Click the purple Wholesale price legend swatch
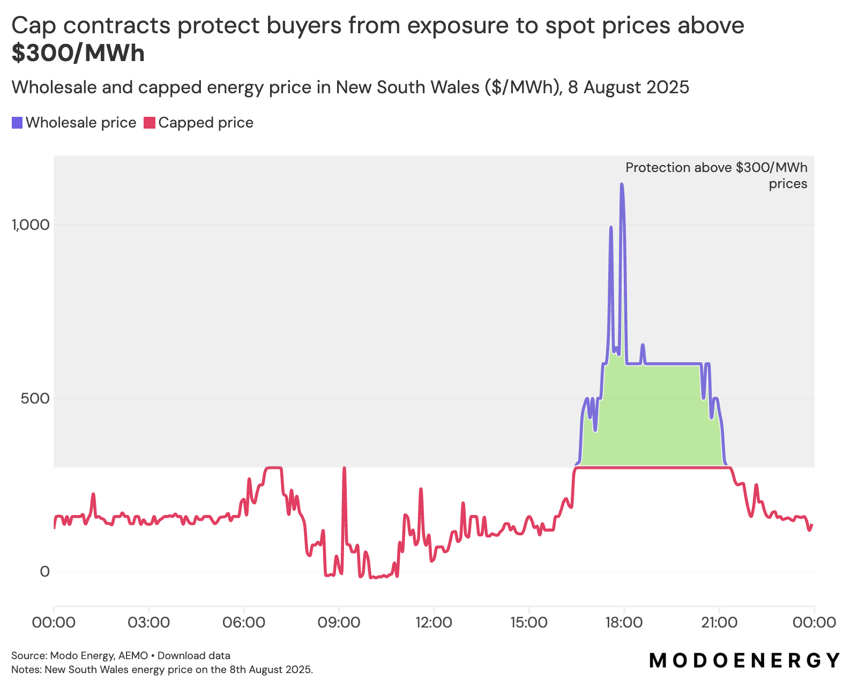pos(17,123)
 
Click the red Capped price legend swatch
pos(150,123)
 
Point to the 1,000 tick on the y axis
pos(31,225)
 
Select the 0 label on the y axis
pos(44,572)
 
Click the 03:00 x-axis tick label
pos(148,623)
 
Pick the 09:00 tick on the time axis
pos(339,623)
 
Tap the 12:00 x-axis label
pos(434,623)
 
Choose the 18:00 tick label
pos(624,623)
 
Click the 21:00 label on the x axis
pos(719,623)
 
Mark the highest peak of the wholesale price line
pos(622,184)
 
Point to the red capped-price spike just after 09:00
pos(344,468)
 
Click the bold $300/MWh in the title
pos(78,54)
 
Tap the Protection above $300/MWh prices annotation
pos(716,175)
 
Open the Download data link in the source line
pos(193,655)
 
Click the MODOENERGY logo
pos(744,660)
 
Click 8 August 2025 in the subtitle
pos(628,87)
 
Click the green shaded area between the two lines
pos(659,418)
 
